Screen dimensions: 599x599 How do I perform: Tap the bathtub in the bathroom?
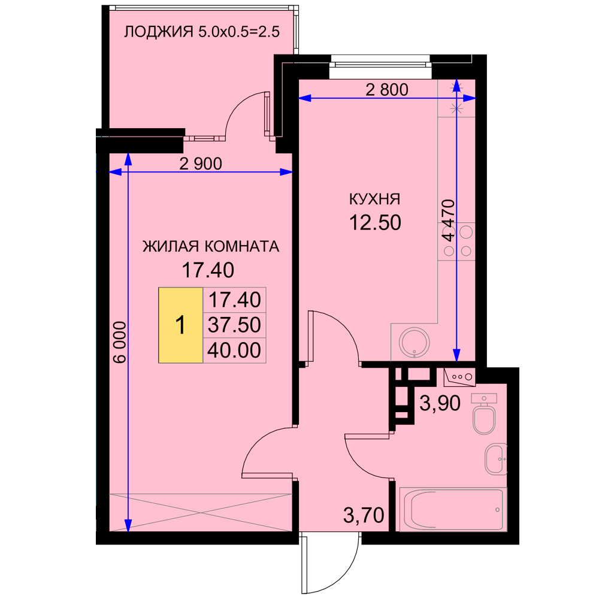click(453, 509)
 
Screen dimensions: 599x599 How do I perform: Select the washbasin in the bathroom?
click(496, 459)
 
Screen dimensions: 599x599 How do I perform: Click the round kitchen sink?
click(414, 343)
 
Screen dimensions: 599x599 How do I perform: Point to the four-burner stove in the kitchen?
click(456, 242)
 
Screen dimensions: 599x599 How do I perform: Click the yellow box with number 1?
click(181, 325)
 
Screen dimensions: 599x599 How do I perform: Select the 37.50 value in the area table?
click(234, 325)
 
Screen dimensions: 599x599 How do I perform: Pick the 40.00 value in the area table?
click(234, 350)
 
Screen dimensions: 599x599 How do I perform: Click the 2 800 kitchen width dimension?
click(387, 90)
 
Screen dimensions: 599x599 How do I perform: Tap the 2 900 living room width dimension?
click(201, 164)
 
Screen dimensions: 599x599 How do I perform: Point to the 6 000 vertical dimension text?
click(120, 342)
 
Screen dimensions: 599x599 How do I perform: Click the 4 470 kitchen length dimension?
click(449, 220)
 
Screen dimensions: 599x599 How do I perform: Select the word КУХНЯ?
click(375, 199)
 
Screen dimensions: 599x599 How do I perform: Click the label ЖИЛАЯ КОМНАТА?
click(211, 246)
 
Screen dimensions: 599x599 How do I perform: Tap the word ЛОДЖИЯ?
click(159, 32)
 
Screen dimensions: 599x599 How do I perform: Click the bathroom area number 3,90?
click(440, 403)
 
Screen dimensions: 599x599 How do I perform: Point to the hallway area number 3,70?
click(364, 515)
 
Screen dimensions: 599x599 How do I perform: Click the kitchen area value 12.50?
click(375, 222)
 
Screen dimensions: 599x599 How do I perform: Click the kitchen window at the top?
click(381, 61)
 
